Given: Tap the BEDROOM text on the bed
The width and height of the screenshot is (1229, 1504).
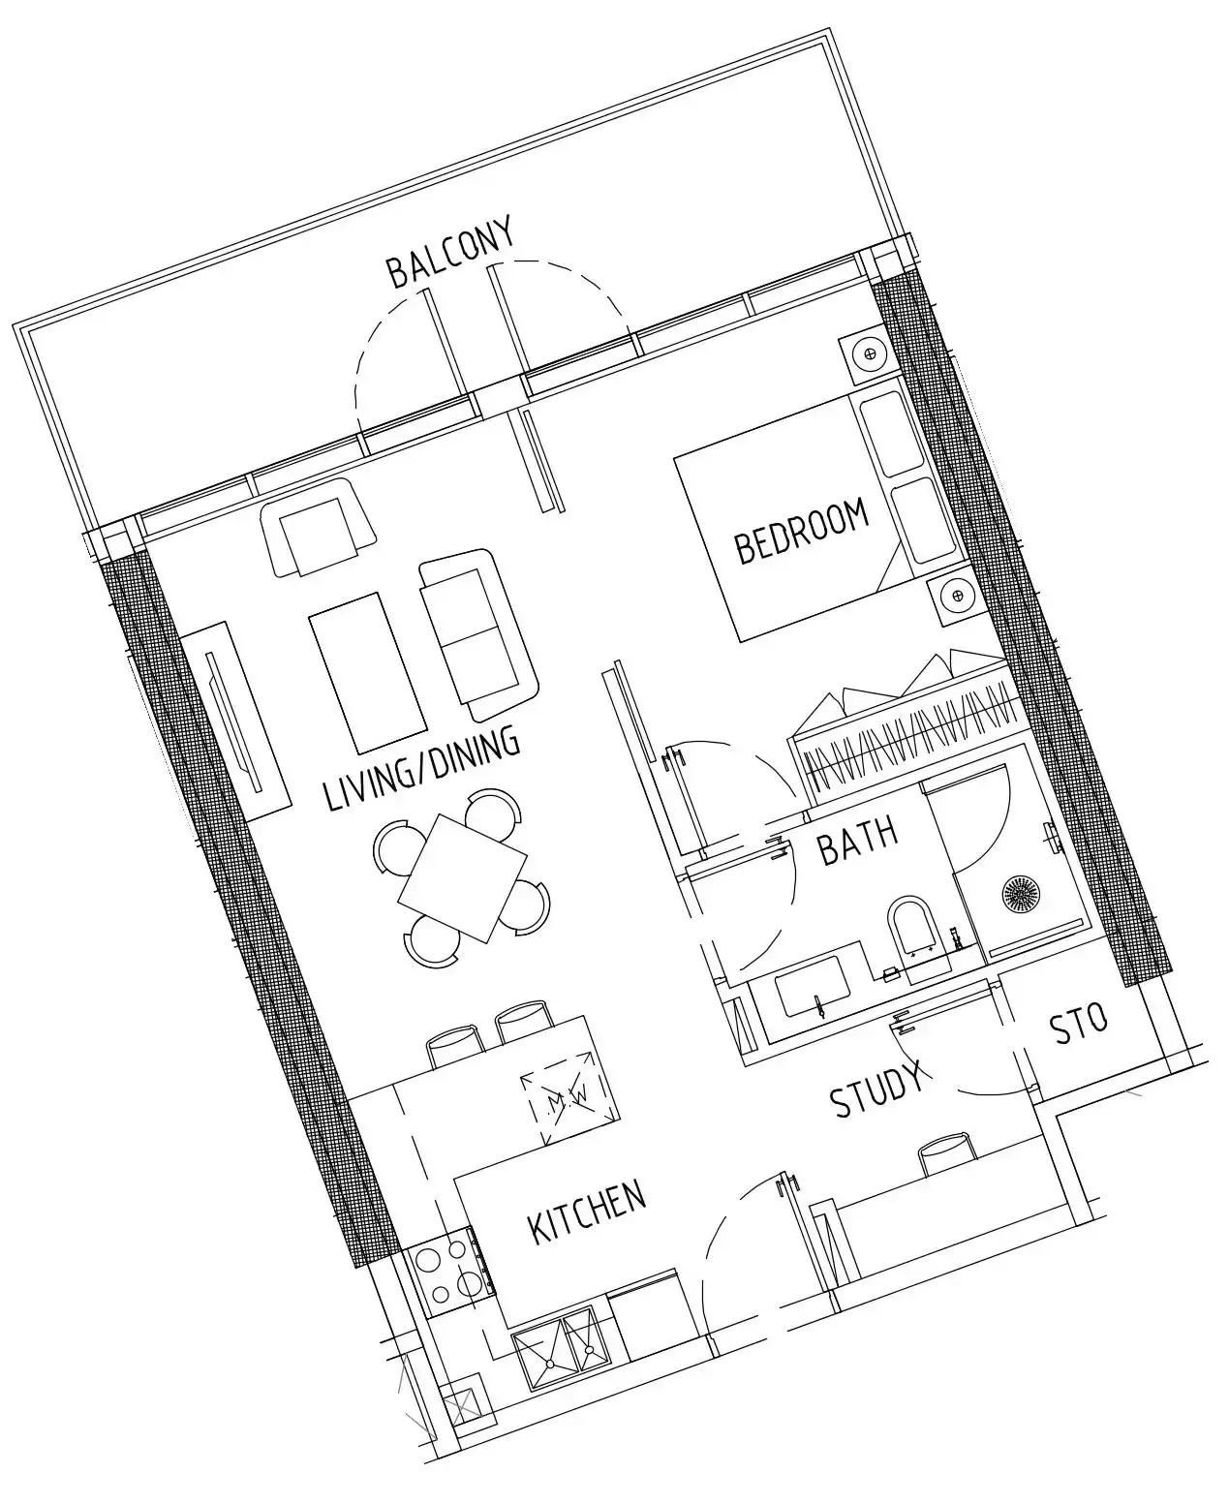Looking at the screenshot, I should point(802,532).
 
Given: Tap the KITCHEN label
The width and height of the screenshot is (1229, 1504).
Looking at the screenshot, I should point(587,1212).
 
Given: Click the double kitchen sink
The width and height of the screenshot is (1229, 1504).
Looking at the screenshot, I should point(557,1349).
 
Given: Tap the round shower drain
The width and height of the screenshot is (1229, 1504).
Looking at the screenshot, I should point(1020,893).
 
